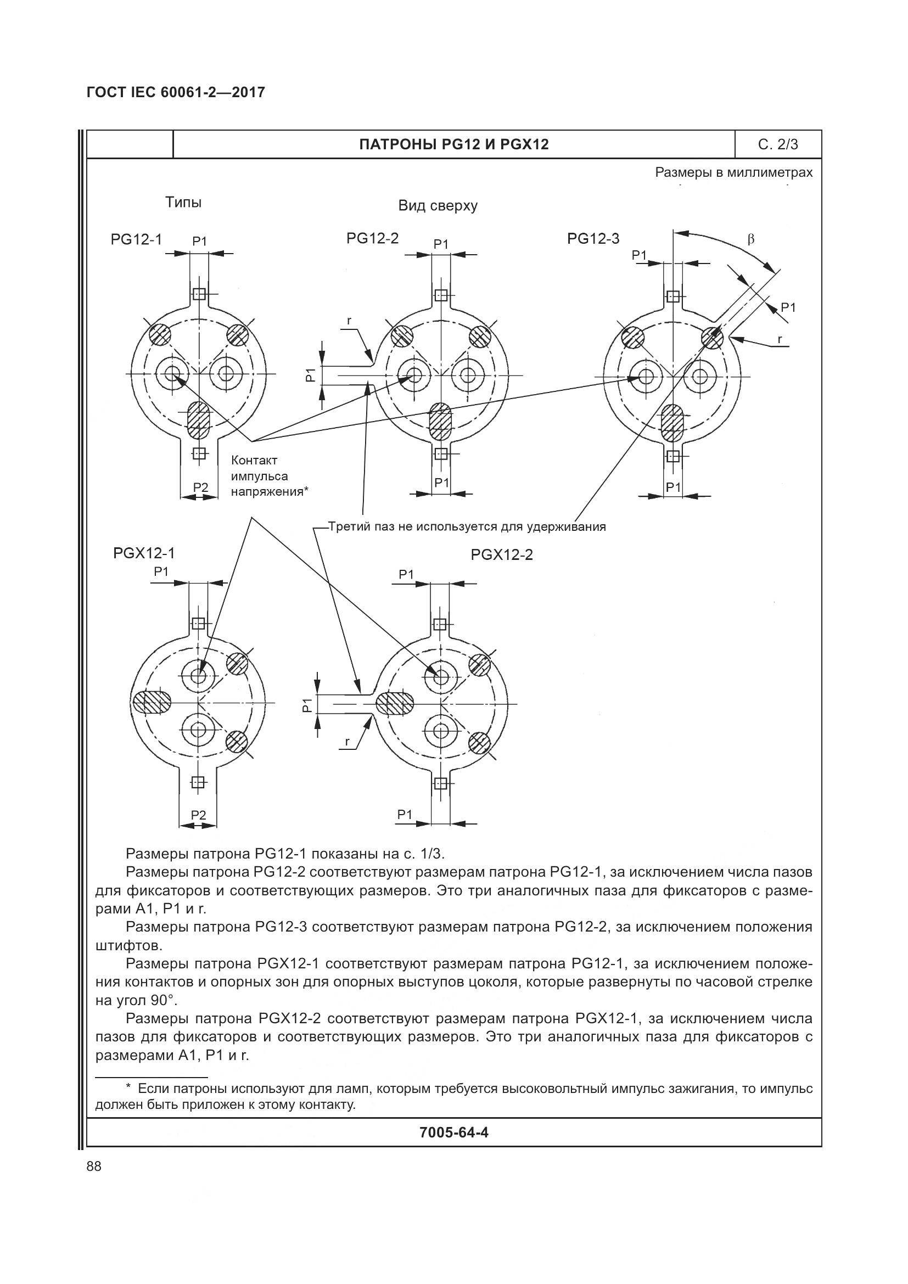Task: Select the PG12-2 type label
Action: point(372,239)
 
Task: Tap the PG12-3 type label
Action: point(593,239)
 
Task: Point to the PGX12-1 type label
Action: point(144,554)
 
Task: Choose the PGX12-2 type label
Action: point(502,556)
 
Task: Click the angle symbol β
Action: point(751,240)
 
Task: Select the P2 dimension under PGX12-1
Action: point(199,815)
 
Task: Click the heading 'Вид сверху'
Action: point(438,206)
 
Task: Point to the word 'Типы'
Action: point(183,203)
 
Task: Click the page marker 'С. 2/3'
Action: point(778,145)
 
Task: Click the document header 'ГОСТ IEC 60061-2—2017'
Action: point(176,93)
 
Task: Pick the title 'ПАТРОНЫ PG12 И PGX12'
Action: point(453,145)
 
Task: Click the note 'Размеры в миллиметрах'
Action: point(733,173)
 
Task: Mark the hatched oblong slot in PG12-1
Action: point(198,420)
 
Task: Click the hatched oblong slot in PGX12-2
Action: point(395,704)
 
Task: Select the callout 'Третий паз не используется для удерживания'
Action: point(467,527)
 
